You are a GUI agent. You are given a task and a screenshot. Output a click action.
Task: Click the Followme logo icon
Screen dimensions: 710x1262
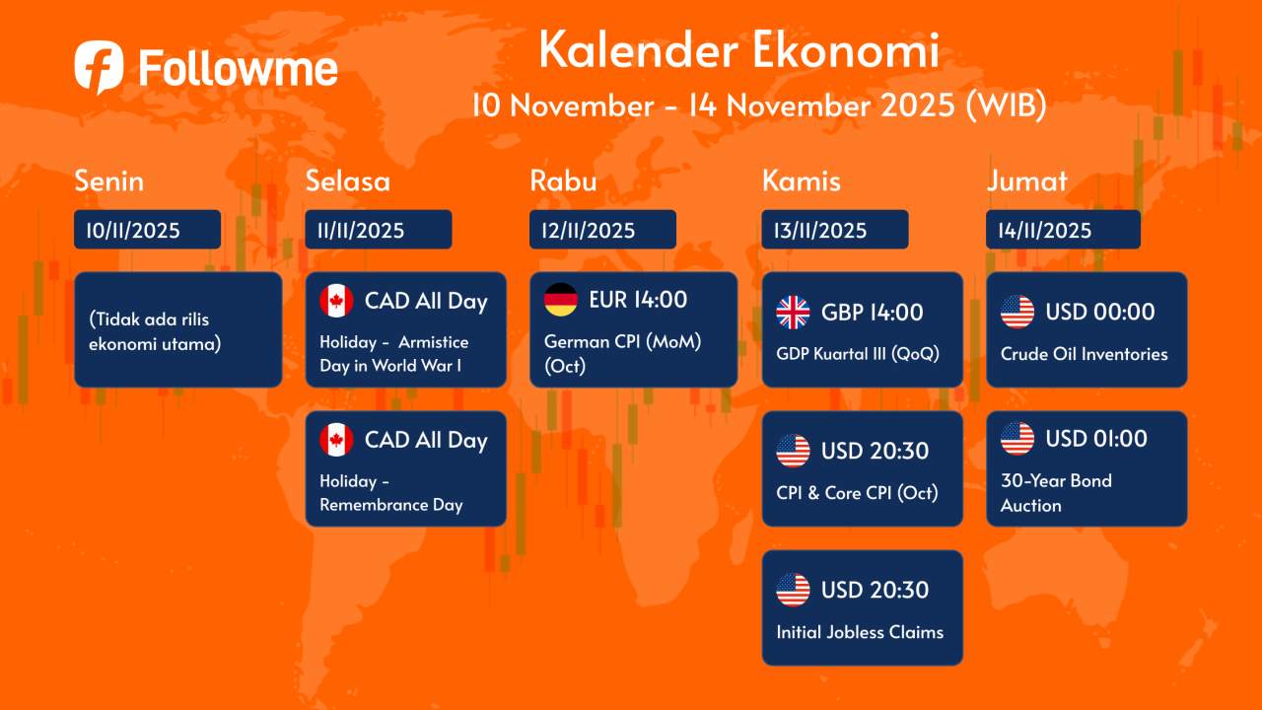99,66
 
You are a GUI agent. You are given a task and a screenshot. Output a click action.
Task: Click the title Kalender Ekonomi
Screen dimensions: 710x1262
738,51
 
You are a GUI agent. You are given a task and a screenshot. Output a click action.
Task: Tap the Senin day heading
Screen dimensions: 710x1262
109,181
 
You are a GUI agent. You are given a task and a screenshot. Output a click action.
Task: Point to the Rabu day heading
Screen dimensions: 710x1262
563,181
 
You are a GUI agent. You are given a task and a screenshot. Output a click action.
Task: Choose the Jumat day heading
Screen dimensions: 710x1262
1026,181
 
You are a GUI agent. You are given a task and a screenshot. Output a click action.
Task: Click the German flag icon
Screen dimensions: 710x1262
561,300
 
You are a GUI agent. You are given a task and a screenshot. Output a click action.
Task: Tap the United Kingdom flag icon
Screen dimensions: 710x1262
793,313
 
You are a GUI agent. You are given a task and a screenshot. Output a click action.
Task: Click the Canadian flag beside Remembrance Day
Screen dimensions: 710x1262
336,440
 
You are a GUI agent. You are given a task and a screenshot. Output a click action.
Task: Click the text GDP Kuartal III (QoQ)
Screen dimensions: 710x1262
858,354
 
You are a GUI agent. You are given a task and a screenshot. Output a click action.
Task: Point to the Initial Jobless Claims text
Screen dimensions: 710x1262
860,632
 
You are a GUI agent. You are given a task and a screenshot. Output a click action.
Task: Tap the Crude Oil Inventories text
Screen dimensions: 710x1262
1084,354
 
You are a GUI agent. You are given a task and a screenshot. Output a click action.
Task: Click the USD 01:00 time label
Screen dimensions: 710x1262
1096,439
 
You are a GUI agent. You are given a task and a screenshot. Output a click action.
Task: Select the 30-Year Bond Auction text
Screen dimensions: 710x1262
1056,493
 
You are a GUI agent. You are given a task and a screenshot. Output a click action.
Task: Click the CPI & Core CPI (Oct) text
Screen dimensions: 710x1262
857,493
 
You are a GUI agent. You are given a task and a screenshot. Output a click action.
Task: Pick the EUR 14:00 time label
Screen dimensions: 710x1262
638,300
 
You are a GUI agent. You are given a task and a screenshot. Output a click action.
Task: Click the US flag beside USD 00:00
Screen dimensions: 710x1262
1017,313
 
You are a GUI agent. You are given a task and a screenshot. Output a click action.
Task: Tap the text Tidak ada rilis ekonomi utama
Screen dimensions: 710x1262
154,331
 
